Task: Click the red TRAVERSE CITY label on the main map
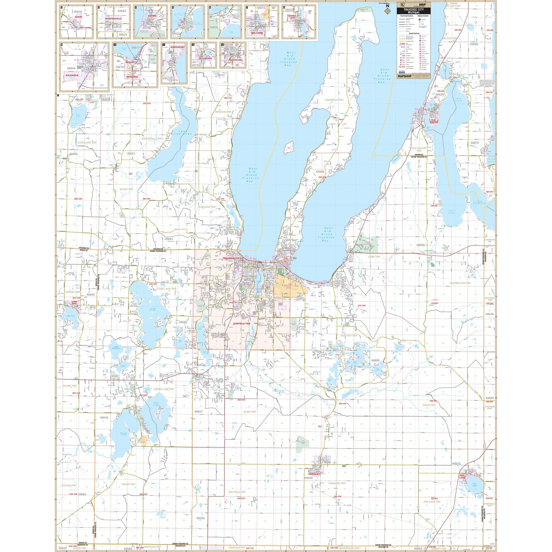[232, 258]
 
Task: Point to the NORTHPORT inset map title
[177, 47]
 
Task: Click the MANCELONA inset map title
[235, 60]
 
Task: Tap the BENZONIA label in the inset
[132, 77]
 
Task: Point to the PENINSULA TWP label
[334, 100]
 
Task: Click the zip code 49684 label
[168, 239]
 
